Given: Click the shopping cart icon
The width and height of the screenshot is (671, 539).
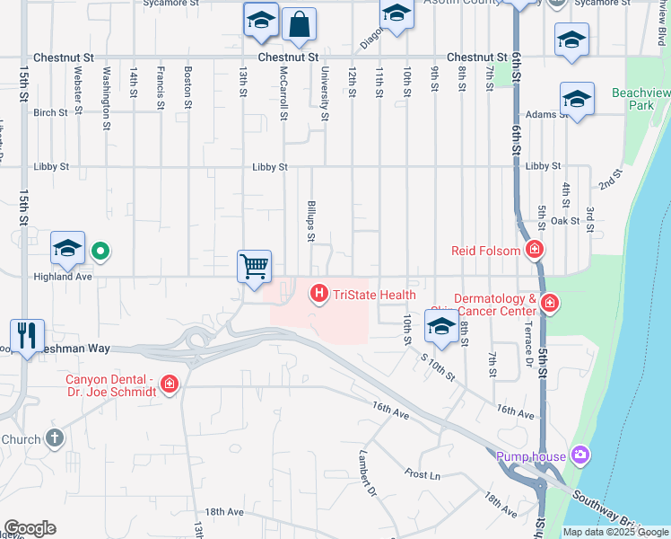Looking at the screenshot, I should [x=255, y=267].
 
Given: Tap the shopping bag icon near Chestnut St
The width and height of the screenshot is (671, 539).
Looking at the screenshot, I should [x=299, y=24].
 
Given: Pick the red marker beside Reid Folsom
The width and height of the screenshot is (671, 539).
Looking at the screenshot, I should [x=535, y=250].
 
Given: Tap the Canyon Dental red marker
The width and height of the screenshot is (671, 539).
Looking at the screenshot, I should [x=169, y=385].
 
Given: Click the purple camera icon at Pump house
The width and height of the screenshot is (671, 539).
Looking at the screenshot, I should [x=580, y=456].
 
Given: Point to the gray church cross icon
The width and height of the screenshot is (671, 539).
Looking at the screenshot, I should [x=55, y=438].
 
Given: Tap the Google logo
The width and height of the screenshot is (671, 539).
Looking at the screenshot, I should [x=30, y=527].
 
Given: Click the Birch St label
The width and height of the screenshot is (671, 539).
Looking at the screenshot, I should [x=50, y=113].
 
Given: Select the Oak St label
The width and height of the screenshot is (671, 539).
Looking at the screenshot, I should [x=565, y=221].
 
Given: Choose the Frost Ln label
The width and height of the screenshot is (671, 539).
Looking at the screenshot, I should [x=422, y=474].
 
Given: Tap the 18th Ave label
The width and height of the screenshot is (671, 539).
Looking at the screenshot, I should [x=223, y=511].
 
